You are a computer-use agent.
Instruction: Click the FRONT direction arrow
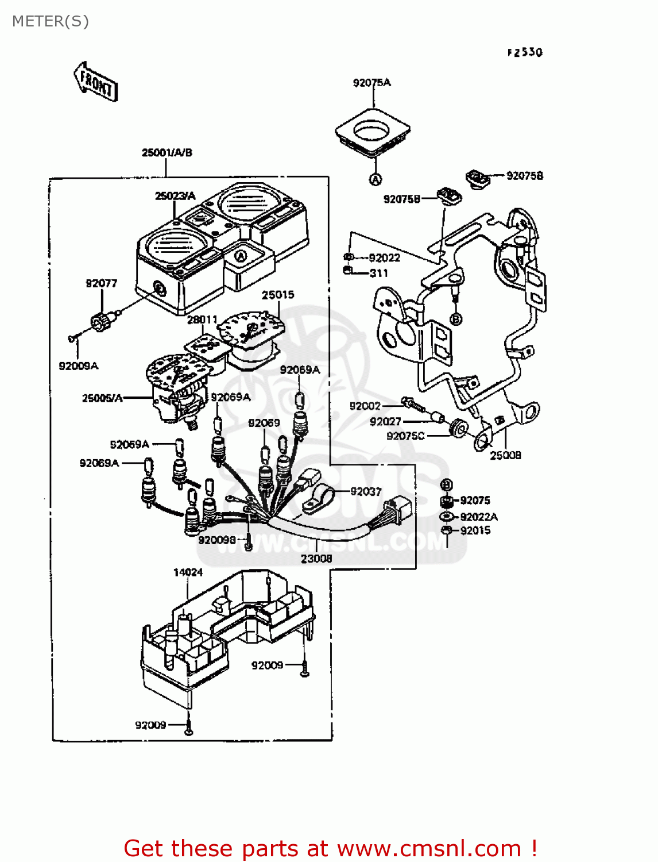tap(96, 82)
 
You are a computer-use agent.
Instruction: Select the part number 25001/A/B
tap(167, 152)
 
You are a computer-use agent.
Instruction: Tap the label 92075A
tap(371, 83)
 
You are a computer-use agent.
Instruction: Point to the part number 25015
tap(278, 295)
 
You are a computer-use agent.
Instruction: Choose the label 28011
tap(202, 320)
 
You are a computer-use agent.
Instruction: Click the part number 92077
tap(102, 283)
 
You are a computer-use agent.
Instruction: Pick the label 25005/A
tap(102, 398)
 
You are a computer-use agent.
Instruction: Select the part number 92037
tap(366, 491)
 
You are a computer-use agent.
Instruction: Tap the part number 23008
tap(316, 558)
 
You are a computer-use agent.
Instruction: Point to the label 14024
tap(188, 572)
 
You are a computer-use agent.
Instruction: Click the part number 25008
tap(505, 455)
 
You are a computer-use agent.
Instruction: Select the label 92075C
tap(405, 436)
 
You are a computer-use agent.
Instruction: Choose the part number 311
tap(379, 273)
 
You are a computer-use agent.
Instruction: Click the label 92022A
tap(479, 517)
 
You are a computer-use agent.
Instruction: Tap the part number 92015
tap(475, 530)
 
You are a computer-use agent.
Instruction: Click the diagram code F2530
tap(525, 52)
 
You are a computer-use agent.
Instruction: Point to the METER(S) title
tap(51, 21)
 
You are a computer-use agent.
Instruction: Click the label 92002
tap(365, 406)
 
